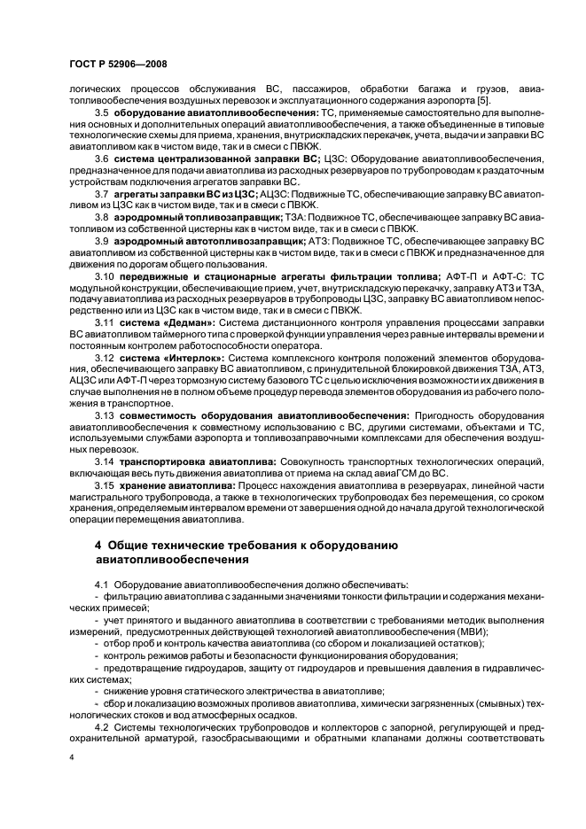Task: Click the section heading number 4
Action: [x=98, y=543]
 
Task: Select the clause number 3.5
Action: [x=101, y=113]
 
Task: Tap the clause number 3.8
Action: [x=101, y=217]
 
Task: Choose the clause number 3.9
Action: [x=101, y=240]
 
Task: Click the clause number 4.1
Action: [x=101, y=585]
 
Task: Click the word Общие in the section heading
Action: [x=133, y=543]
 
